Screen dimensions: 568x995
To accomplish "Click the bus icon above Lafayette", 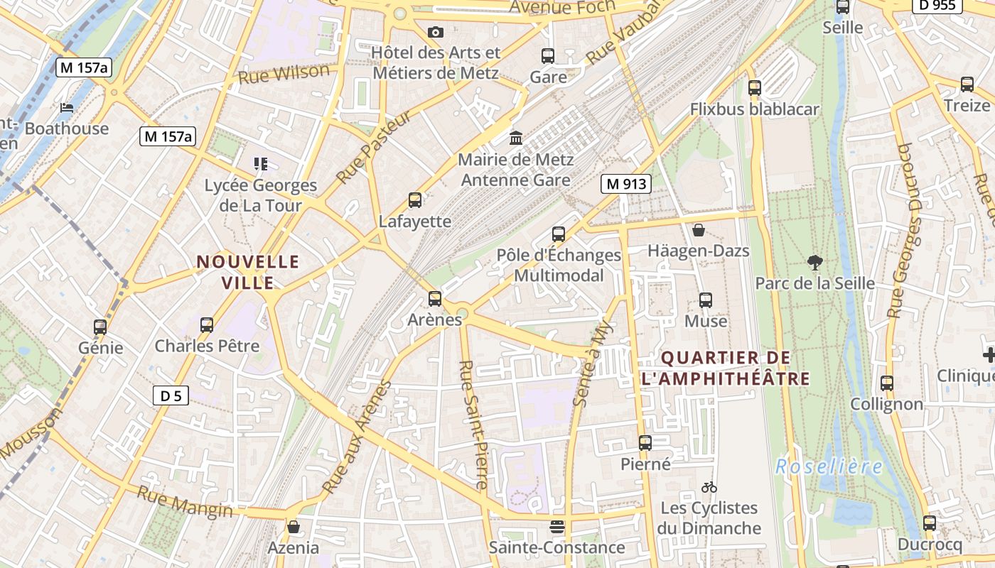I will click(415, 200).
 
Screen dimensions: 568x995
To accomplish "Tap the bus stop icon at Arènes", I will click(435, 299).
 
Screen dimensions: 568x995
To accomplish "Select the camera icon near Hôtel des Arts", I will click(436, 32).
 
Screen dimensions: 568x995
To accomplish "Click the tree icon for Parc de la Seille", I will click(814, 263).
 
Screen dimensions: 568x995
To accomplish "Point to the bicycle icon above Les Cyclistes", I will click(709, 487).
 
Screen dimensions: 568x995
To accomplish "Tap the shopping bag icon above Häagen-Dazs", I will click(699, 230).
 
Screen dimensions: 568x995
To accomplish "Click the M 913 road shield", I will click(626, 184).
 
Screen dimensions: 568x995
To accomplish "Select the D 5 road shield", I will click(171, 395).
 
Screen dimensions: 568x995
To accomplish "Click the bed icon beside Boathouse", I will click(67, 108).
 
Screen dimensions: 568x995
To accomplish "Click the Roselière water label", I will click(829, 466).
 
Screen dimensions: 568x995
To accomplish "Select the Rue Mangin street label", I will click(185, 501).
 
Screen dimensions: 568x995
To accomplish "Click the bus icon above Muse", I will click(706, 300).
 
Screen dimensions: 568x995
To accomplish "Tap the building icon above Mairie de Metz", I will click(516, 137).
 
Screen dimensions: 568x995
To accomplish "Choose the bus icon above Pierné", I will click(645, 443).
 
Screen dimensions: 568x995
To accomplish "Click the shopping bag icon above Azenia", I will click(293, 527).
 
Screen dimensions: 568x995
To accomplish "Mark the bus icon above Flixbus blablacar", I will click(755, 88).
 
